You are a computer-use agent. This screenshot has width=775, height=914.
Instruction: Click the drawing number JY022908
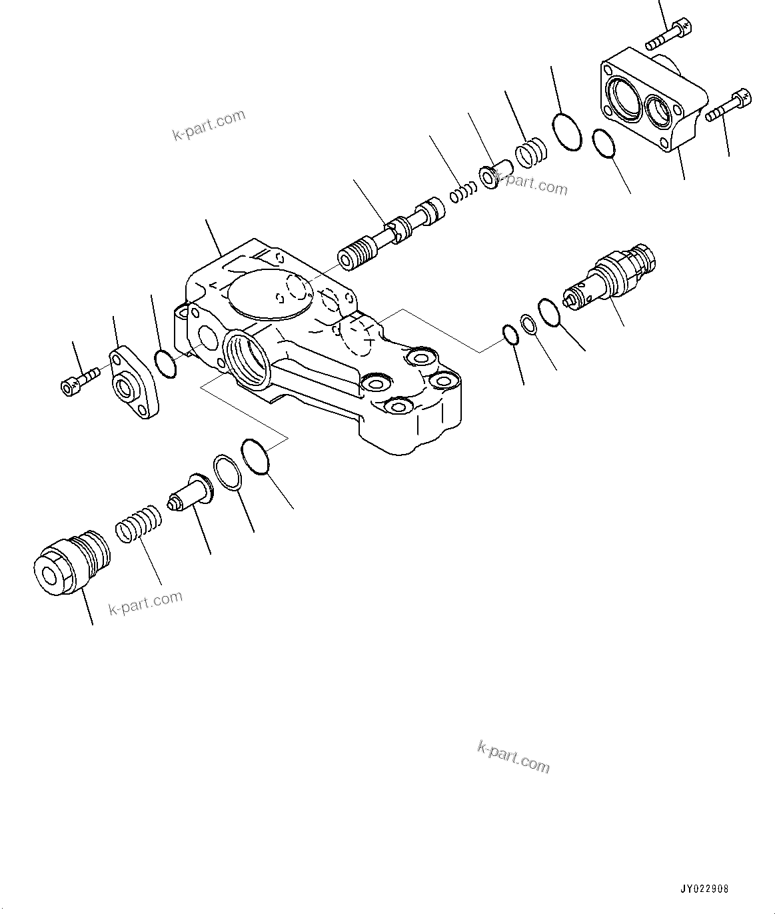[x=704, y=889]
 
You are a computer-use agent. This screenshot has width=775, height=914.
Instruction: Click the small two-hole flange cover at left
[x=135, y=381]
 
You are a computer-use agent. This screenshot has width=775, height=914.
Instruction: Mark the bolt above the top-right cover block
[x=670, y=35]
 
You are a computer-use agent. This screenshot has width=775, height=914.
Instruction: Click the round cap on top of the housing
[x=270, y=293]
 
